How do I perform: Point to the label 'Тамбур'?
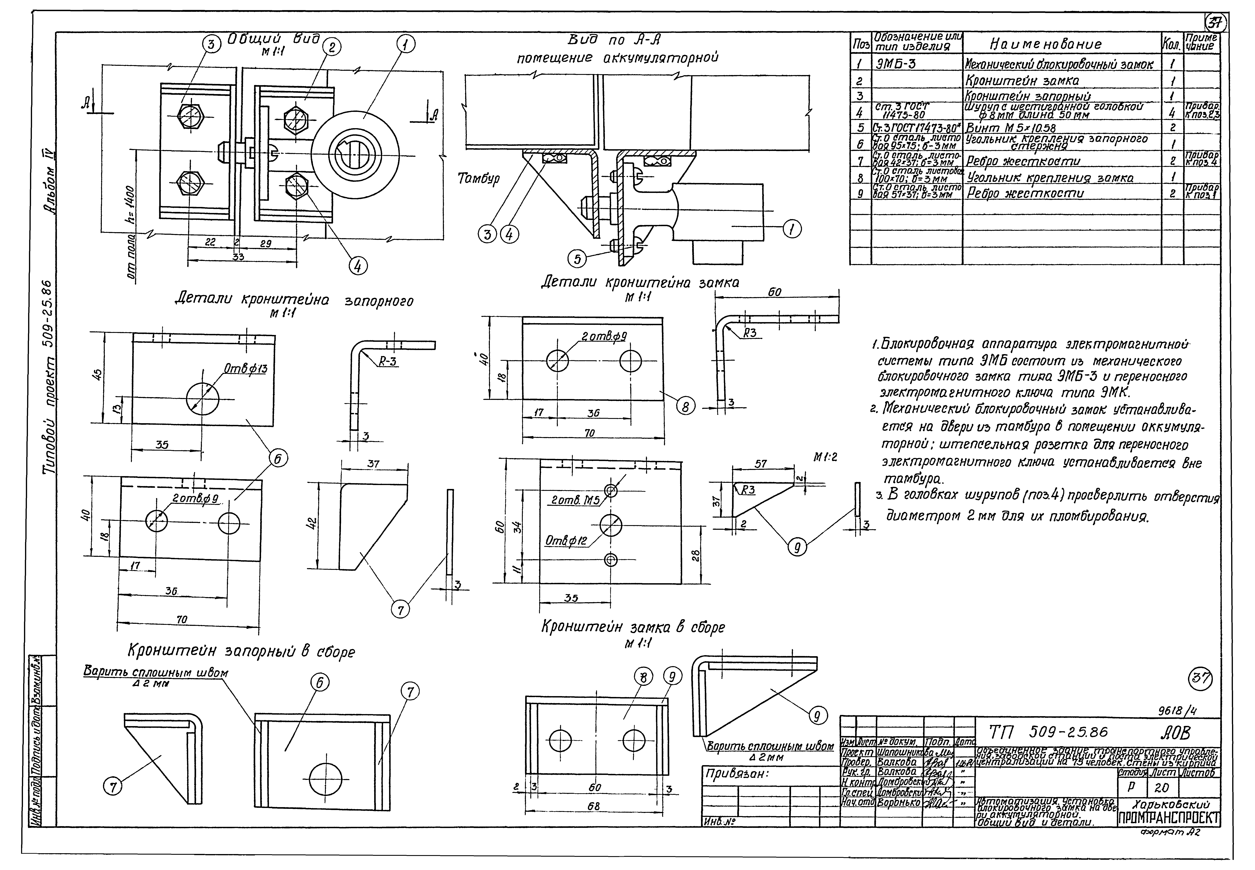(479, 179)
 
